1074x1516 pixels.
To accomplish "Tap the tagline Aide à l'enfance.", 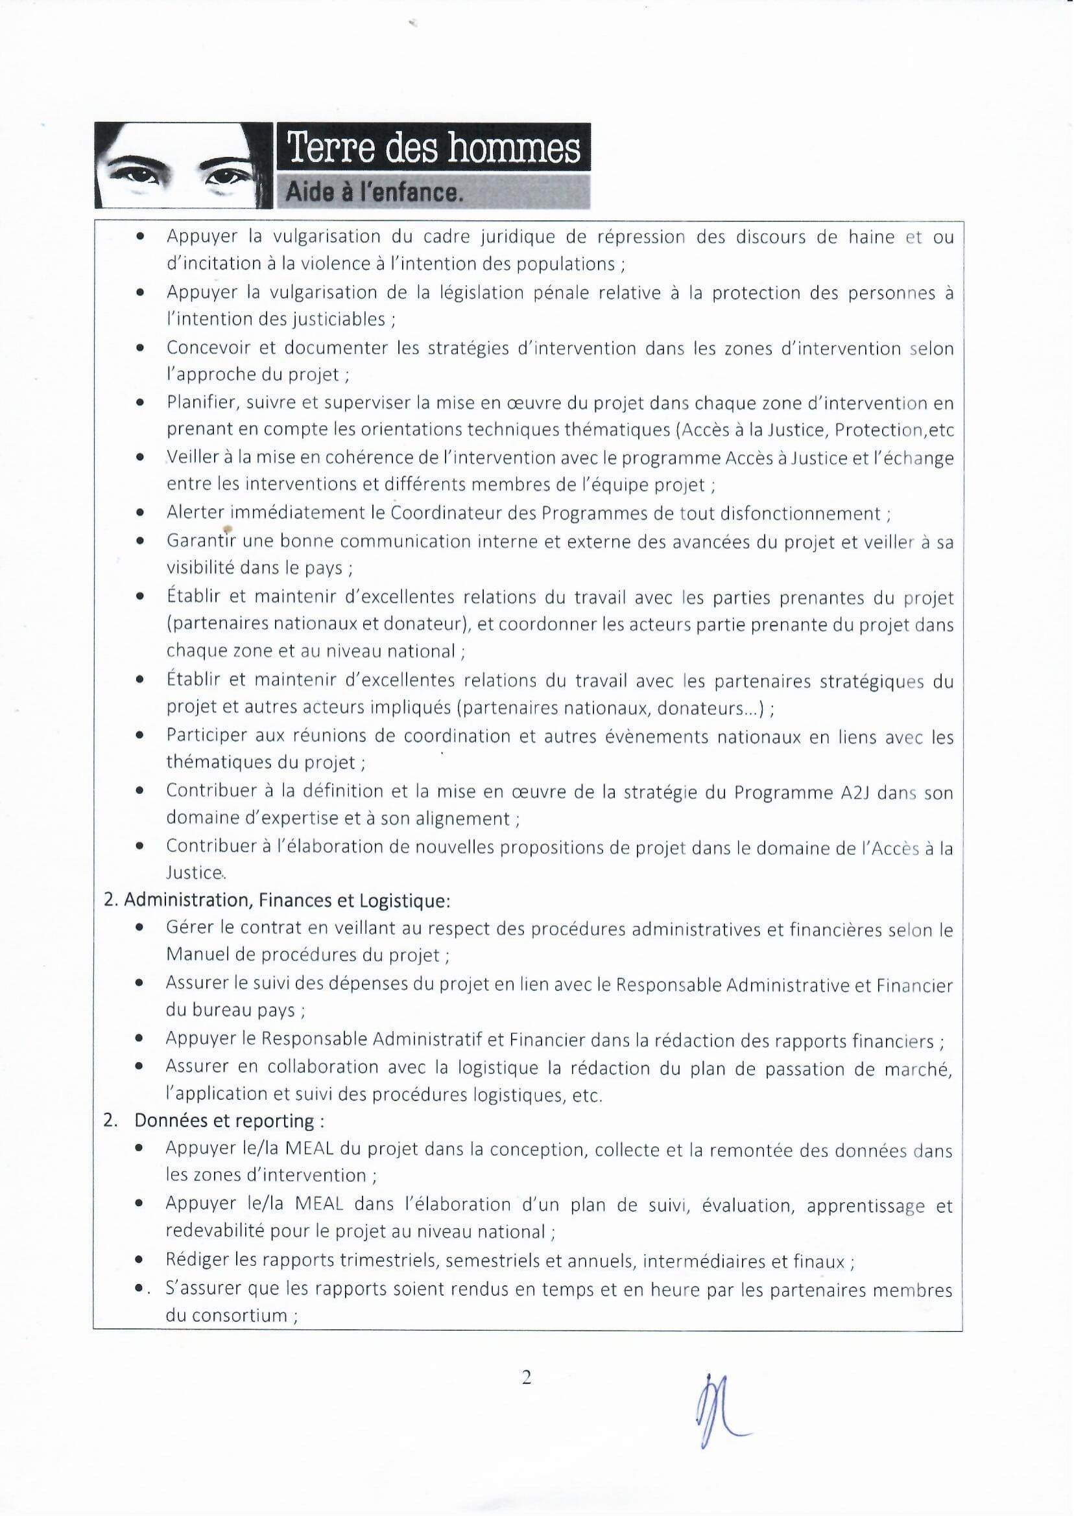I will tap(372, 192).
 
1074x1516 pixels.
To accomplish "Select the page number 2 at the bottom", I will tap(527, 1378).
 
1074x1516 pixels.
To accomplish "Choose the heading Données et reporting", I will tap(228, 1121).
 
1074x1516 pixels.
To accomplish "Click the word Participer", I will tap(206, 736).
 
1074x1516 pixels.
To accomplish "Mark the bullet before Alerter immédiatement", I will tap(140, 513).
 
